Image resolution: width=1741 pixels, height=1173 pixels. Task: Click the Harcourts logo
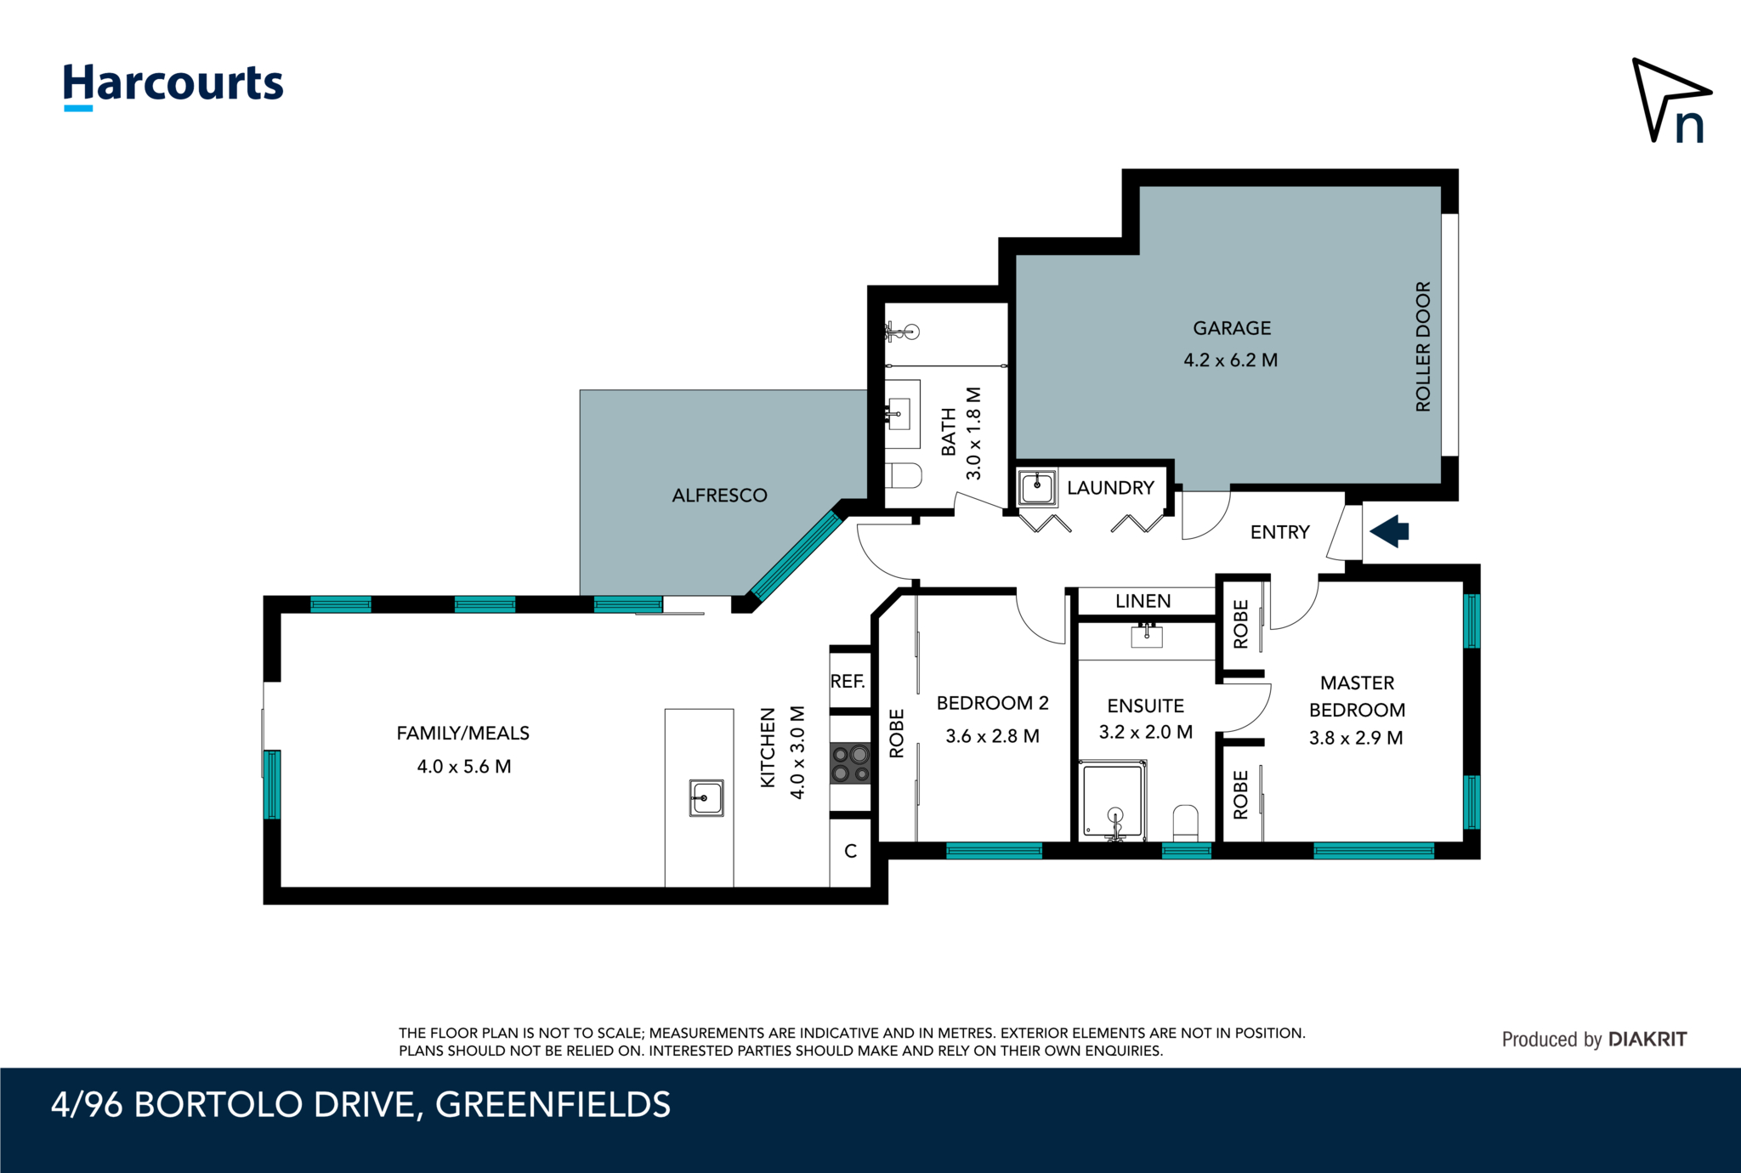[x=173, y=85]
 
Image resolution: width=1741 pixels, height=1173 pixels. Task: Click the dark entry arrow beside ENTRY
[x=1391, y=531]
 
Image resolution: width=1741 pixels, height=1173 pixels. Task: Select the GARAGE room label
[x=1232, y=328]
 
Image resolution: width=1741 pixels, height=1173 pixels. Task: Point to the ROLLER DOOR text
[x=1423, y=347]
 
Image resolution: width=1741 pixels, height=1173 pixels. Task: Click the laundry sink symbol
[x=1037, y=488]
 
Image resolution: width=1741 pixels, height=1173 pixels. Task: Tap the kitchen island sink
[x=706, y=798]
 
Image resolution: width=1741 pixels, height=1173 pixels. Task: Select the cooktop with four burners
[x=850, y=763]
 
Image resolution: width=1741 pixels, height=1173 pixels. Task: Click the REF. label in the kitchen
[x=848, y=681]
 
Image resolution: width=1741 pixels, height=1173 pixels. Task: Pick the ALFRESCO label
[x=719, y=496]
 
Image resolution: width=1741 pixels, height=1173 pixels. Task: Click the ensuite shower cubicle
[x=1112, y=800]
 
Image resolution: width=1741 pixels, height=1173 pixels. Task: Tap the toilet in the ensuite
[x=1185, y=822]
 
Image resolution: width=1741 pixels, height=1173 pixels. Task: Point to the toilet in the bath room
[x=904, y=475]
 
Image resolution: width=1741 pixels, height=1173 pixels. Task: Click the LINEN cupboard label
[x=1143, y=601]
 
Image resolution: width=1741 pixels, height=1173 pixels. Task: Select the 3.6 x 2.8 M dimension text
[x=992, y=736]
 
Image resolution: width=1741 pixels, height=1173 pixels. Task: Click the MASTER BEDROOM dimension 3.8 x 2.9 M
[x=1356, y=738]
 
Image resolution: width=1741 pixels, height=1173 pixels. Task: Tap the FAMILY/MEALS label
[x=462, y=733]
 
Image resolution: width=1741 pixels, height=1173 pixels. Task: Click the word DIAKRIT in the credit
[x=1647, y=1039]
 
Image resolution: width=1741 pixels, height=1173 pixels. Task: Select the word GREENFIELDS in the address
[x=553, y=1105]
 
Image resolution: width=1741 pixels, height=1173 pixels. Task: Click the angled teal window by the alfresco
[x=796, y=556]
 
